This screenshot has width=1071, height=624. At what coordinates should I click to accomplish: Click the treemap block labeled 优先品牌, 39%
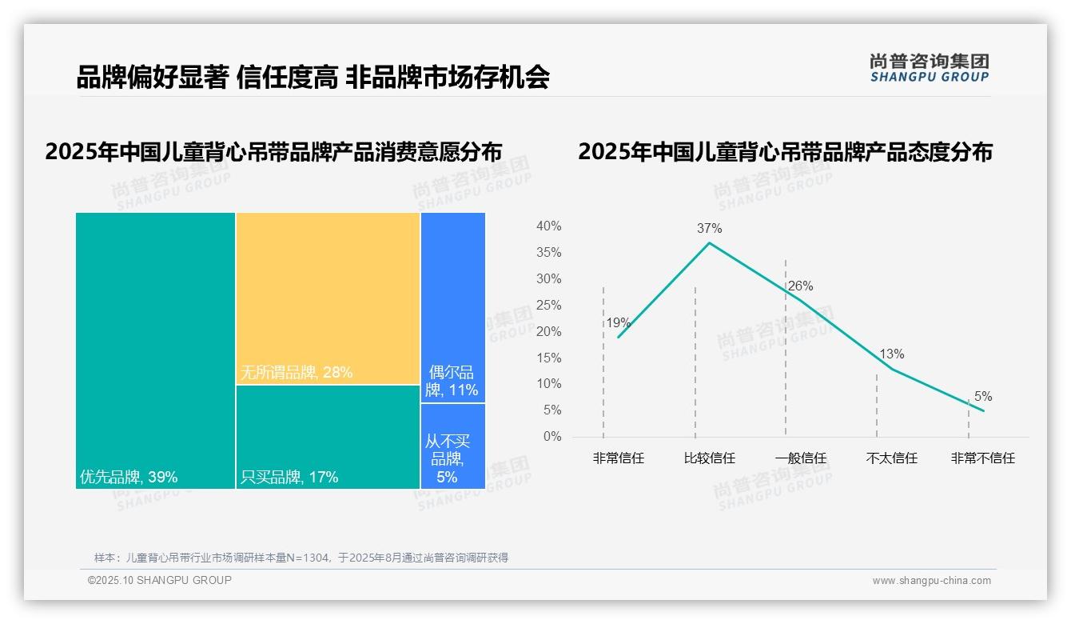(155, 350)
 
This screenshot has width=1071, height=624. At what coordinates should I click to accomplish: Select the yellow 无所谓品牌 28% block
(328, 298)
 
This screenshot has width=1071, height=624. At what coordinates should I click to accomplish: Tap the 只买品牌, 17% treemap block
(328, 436)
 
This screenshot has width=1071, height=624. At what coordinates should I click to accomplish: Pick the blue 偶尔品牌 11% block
(452, 307)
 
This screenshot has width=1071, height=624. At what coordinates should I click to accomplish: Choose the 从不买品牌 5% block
(452, 446)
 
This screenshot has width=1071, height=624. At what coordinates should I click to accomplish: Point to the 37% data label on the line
(709, 228)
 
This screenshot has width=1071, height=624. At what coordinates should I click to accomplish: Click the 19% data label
(618, 323)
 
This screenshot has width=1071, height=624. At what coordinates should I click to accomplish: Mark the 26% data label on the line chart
(800, 286)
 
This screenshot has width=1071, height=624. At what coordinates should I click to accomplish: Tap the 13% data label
(891, 354)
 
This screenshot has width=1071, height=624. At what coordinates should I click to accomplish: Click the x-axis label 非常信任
(618, 458)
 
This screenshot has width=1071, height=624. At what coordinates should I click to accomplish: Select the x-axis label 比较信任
(709, 458)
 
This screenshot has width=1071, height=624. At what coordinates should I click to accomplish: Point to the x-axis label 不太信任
(891, 458)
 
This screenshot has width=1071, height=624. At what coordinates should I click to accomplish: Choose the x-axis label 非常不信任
(982, 458)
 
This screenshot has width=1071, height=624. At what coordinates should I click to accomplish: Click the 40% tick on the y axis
(548, 226)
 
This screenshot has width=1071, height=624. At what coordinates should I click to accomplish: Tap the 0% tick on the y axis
(552, 437)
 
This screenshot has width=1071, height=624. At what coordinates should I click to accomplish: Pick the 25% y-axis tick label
(548, 305)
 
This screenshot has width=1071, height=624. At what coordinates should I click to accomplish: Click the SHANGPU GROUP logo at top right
(929, 68)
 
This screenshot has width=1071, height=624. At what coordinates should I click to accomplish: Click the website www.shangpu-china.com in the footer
(931, 581)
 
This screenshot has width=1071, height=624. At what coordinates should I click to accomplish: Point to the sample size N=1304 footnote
(301, 558)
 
